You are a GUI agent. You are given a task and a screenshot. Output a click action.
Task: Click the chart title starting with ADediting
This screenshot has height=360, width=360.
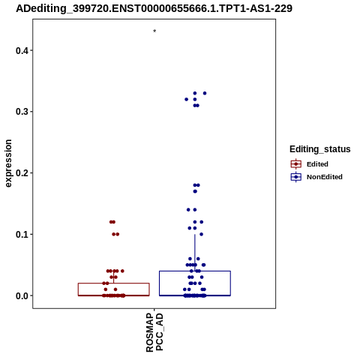click(154, 8)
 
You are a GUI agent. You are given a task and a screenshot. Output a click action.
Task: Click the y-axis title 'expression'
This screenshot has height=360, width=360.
click(8, 163)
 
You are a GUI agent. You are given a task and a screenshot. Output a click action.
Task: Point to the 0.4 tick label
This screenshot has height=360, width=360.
click(21, 50)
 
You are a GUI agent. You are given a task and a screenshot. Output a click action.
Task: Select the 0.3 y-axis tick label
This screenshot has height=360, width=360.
click(21, 112)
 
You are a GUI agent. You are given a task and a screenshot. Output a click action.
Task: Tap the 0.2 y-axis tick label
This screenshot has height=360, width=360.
click(21, 172)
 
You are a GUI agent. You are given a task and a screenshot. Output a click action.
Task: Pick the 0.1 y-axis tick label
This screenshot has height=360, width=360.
click(21, 234)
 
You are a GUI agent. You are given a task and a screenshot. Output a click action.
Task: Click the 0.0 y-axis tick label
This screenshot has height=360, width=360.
click(21, 295)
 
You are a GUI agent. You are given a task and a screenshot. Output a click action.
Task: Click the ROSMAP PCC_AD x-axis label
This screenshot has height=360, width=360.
click(154, 332)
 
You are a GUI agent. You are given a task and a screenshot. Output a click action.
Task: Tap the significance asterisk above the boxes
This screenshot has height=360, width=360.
click(154, 31)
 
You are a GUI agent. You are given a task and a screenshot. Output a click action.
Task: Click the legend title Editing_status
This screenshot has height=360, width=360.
click(320, 149)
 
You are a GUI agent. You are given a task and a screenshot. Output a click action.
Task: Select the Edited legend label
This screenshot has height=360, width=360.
click(317, 164)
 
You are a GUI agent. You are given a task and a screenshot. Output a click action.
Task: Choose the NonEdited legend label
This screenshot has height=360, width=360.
click(325, 177)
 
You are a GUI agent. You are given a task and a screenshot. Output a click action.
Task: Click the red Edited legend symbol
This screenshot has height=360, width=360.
click(296, 164)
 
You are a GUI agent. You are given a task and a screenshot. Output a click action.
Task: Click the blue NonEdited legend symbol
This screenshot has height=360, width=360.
click(296, 177)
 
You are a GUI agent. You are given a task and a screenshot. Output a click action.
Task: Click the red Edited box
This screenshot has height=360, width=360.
click(114, 283)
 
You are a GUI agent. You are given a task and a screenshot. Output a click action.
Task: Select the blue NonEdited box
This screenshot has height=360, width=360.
click(195, 271)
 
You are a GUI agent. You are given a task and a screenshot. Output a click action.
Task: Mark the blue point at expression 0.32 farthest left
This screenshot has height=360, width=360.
click(186, 100)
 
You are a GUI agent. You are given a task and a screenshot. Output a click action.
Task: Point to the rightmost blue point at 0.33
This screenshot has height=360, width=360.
click(205, 93)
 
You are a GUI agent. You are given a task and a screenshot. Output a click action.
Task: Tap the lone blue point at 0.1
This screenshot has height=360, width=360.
click(202, 234)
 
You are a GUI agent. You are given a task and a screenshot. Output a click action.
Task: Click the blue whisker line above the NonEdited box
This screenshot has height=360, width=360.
click(195, 253)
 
